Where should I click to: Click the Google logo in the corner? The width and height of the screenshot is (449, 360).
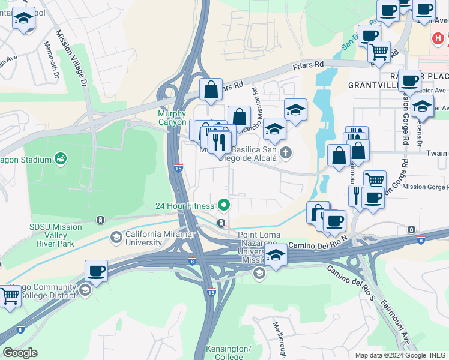pyautogui.click(x=20, y=353)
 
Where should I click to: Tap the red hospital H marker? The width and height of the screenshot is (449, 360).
pyautogui.click(x=439, y=38)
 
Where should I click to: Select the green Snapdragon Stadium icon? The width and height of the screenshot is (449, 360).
pyautogui.click(x=60, y=159)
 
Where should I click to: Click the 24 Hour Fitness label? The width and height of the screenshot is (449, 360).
pyautogui.click(x=185, y=206)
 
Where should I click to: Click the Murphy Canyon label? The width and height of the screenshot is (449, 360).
pyautogui.click(x=172, y=118)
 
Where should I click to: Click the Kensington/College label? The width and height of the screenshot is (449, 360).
pyautogui.click(x=228, y=352)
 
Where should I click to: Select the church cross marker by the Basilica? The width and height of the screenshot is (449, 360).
pyautogui.click(x=286, y=152)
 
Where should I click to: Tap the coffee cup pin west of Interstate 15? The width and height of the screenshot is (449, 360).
pyautogui.click(x=96, y=271)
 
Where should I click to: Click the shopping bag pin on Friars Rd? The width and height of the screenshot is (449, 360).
pyautogui.click(x=211, y=90)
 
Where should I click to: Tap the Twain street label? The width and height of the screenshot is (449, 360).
pyautogui.click(x=436, y=154)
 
